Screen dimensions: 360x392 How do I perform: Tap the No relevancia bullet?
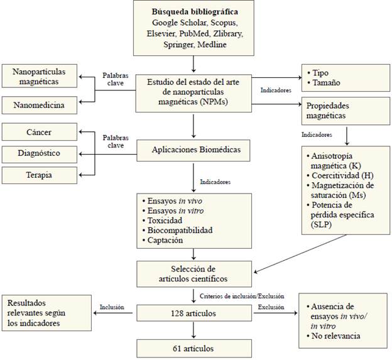click(x=336, y=336)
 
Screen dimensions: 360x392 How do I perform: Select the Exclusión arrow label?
click(x=271, y=307)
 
